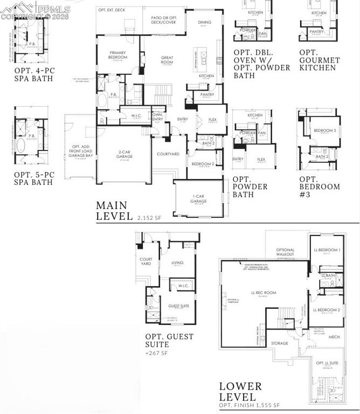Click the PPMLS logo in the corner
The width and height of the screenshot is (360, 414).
point(36,10)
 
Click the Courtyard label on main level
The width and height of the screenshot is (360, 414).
point(168,154)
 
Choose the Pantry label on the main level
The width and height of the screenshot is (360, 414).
point(207,94)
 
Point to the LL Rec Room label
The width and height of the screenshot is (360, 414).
point(263,293)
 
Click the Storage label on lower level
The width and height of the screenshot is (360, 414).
point(279,343)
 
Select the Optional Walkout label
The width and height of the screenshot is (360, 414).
point(285,252)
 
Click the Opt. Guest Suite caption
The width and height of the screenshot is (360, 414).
point(169,341)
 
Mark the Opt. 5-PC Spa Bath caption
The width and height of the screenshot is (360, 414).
point(33,178)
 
